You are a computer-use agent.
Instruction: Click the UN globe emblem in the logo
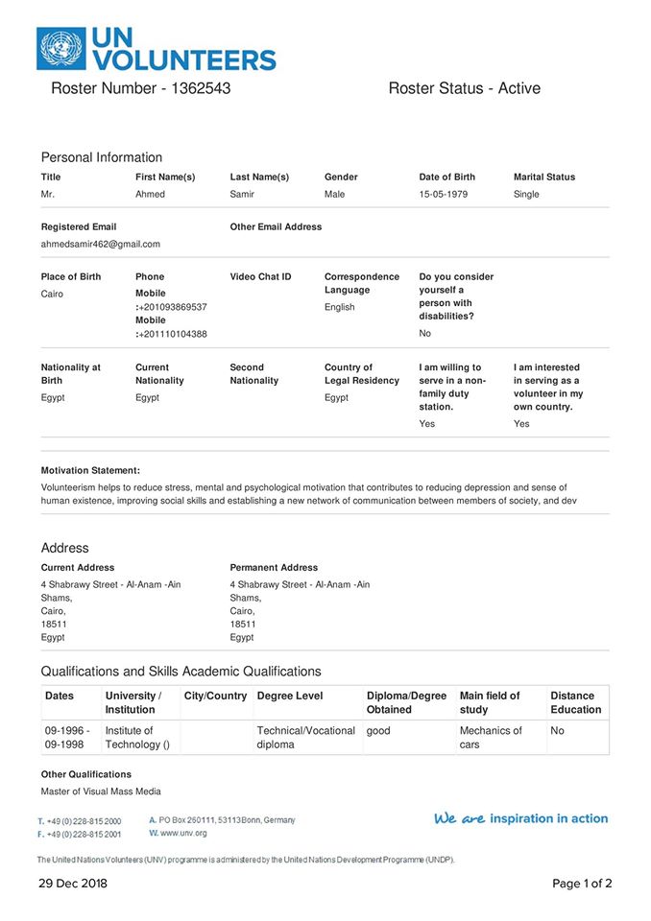point(60,49)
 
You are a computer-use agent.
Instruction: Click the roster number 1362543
point(199,88)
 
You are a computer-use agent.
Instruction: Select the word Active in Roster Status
point(518,88)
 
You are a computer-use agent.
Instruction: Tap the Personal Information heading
point(102,157)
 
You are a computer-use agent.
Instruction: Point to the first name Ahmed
point(150,194)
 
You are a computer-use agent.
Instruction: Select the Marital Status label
point(544,177)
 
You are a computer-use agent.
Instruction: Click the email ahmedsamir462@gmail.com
point(101,244)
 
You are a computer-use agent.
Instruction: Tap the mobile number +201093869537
point(173,307)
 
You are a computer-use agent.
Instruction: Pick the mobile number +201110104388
point(173,334)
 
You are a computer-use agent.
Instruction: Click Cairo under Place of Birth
point(52,294)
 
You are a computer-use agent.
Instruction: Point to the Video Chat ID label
point(260,276)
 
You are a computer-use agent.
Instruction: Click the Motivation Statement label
point(90,470)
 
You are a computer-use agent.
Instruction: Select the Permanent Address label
point(274,567)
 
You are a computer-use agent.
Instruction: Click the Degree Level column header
point(290,696)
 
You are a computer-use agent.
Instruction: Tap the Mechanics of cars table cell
point(491,737)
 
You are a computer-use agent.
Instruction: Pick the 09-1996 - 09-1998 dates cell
point(67,737)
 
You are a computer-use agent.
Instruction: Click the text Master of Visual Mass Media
point(101,791)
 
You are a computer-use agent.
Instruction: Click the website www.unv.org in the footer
point(183,833)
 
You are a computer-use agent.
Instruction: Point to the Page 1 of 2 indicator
point(582,884)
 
